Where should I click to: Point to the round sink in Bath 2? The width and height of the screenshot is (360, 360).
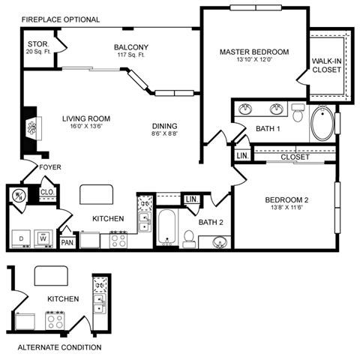(x=220, y=241)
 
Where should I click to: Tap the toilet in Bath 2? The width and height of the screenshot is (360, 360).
(x=188, y=238)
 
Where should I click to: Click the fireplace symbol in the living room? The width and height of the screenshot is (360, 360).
(x=31, y=127)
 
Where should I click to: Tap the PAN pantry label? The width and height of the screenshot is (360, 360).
(x=67, y=242)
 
